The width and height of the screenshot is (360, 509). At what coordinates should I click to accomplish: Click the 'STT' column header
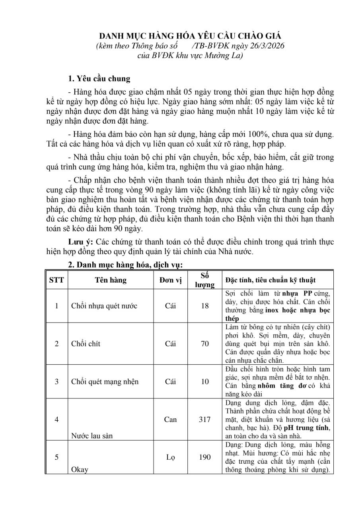pyautogui.click(x=56, y=280)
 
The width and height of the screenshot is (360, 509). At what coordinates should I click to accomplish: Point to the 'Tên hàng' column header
pyautogui.click(x=111, y=280)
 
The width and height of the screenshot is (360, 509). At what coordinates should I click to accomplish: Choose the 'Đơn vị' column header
pyautogui.click(x=170, y=280)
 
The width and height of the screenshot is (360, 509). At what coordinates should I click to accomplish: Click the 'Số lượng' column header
pyautogui.click(x=205, y=280)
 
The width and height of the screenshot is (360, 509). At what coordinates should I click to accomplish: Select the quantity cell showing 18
pyautogui.click(x=205, y=306)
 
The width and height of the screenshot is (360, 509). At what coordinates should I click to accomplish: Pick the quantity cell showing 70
pyautogui.click(x=205, y=344)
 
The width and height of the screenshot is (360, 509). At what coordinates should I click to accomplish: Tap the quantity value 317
pyautogui.click(x=205, y=419)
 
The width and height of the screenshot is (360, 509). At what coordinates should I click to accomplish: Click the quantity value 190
pyautogui.click(x=205, y=457)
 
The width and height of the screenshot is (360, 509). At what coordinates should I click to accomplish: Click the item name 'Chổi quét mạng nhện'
pyautogui.click(x=105, y=382)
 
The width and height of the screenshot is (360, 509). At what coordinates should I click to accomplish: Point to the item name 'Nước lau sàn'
pyautogui.click(x=92, y=435)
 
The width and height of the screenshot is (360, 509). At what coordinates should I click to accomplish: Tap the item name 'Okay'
pyautogui.click(x=80, y=469)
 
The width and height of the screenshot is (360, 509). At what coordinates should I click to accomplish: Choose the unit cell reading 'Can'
pyautogui.click(x=170, y=419)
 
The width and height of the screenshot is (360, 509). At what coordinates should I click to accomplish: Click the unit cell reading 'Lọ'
pyautogui.click(x=170, y=457)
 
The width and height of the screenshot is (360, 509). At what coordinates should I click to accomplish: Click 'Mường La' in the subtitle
pyautogui.click(x=225, y=55)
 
